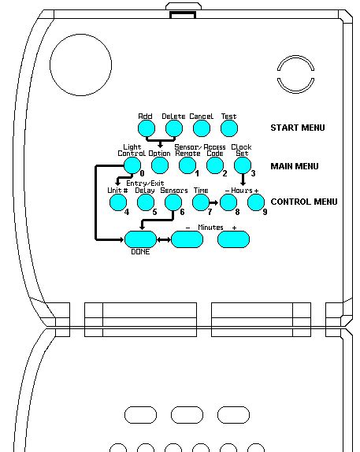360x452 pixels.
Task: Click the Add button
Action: [x=146, y=128]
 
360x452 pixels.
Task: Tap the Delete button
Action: [x=173, y=128]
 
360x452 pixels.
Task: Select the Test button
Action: [x=228, y=128]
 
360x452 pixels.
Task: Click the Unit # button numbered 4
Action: [x=118, y=202]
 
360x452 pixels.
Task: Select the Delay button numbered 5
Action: [x=146, y=202]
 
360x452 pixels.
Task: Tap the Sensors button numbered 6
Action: [x=173, y=202]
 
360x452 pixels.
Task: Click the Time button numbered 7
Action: [x=201, y=202]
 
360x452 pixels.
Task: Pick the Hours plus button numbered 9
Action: [x=256, y=202]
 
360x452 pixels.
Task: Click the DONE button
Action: [x=140, y=239]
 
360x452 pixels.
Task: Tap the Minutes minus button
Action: [x=187, y=239]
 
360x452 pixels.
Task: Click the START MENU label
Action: [x=297, y=128]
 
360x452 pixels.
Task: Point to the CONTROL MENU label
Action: [x=303, y=202]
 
